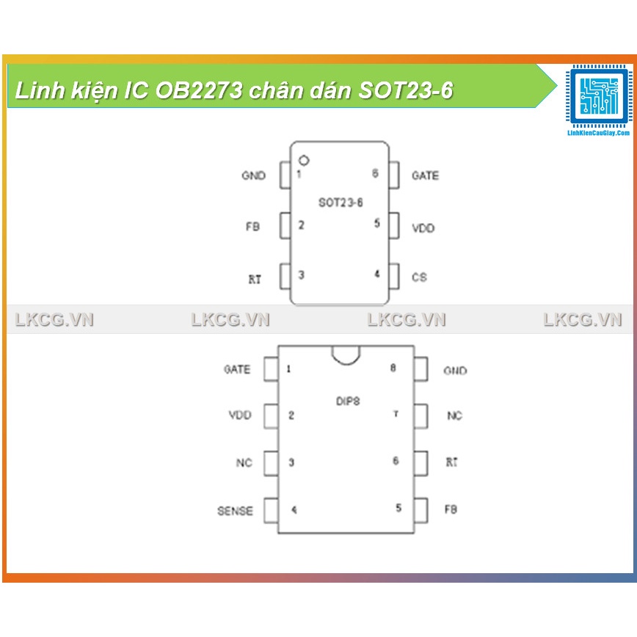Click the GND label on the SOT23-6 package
click(x=253, y=176)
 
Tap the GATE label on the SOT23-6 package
click(x=425, y=176)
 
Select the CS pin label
click(x=419, y=277)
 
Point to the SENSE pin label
click(x=235, y=511)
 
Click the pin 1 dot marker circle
click(x=304, y=159)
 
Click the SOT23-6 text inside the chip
click(x=340, y=203)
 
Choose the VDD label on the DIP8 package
click(x=240, y=415)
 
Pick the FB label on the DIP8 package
click(x=451, y=509)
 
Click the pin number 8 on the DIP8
click(x=393, y=368)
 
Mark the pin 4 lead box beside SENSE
click(x=271, y=510)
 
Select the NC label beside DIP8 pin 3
click(x=244, y=463)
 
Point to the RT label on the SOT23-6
click(x=255, y=280)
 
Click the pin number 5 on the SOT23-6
click(x=377, y=223)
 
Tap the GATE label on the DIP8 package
click(x=237, y=369)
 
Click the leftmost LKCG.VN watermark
click(x=54, y=320)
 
